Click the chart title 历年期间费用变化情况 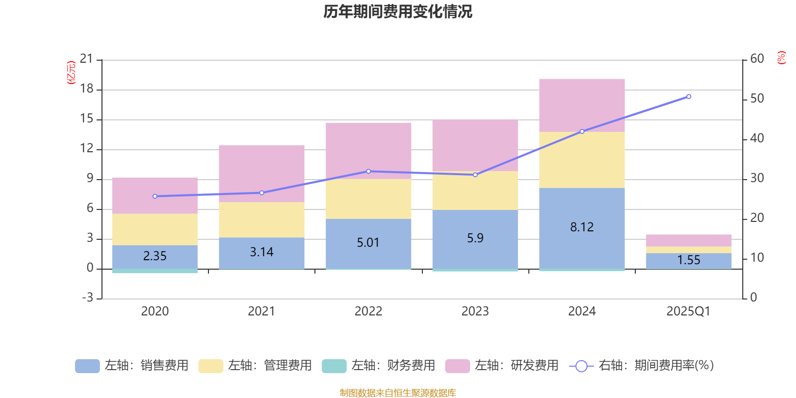pos(398,11)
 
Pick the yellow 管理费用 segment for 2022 pos(368,199)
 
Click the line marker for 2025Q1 pos(689,97)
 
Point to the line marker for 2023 pos(475,175)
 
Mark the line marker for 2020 pos(155,196)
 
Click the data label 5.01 pos(368,243)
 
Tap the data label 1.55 pos(689,260)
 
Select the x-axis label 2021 pos(261,311)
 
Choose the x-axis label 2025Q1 pos(688,311)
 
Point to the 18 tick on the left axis pos(87,89)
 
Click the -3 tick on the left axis pos(88,298)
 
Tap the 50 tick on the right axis pos(757,99)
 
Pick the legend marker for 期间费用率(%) pos(581,366)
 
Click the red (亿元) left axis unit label pos(71,73)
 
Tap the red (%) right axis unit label pos(781,58)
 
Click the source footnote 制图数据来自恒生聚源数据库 pos(398,393)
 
